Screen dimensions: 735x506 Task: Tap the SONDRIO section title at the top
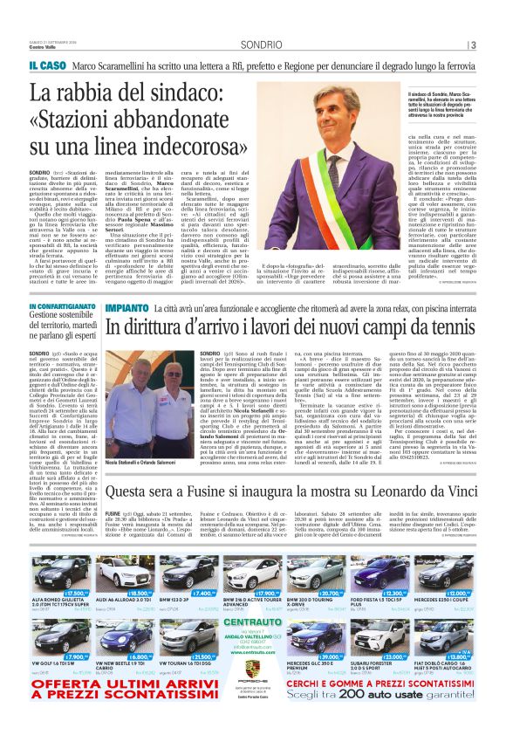pyautogui.click(x=261, y=45)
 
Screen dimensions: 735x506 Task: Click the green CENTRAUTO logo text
pyautogui.click(x=252, y=597)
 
